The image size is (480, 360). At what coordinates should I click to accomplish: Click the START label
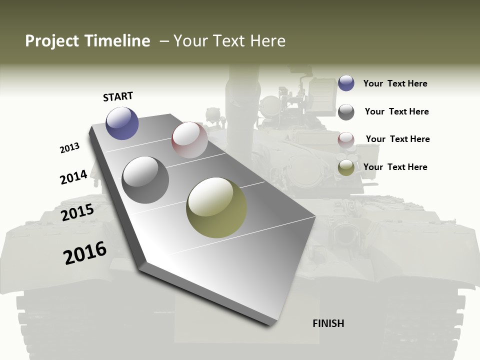click(x=118, y=96)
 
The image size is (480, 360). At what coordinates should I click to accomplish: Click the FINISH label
click(x=328, y=323)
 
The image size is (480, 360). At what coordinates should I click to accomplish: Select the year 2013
click(x=69, y=148)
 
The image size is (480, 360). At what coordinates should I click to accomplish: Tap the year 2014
click(x=73, y=177)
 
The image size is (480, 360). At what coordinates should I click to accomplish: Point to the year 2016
click(x=85, y=253)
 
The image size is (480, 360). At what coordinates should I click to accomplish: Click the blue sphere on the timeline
click(x=122, y=123)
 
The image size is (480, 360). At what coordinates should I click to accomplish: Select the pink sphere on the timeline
click(x=189, y=140)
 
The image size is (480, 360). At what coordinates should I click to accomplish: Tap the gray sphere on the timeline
click(x=145, y=179)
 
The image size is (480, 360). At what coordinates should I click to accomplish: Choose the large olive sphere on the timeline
click(x=216, y=207)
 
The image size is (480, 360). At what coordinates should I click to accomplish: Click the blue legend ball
click(x=346, y=83)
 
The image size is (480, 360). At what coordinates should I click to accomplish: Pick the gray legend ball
click(x=346, y=112)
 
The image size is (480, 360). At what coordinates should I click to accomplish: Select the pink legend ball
click(x=346, y=140)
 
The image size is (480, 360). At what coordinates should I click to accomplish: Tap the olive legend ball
click(x=346, y=168)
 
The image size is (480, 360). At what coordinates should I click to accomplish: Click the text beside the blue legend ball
click(x=395, y=83)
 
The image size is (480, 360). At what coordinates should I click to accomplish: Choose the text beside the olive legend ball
click(x=395, y=167)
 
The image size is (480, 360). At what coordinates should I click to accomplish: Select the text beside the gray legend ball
click(x=396, y=111)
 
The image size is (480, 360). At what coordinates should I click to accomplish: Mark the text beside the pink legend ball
click(x=397, y=139)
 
